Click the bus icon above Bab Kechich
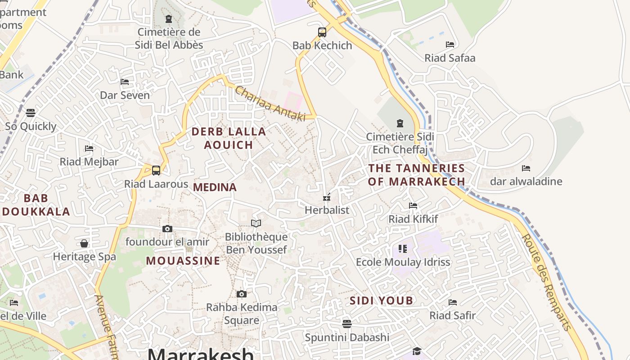[322, 32]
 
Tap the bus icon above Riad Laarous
[156, 171]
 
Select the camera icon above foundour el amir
[167, 229]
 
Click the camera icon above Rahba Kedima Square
[242, 294]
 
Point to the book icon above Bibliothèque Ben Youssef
[256, 223]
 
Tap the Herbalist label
[327, 210]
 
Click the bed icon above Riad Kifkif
[413, 206]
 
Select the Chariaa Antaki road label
[270, 103]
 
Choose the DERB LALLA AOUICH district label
[229, 138]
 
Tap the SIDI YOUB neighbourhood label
[381, 301]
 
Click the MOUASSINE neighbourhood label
[183, 261]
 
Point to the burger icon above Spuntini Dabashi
[346, 324]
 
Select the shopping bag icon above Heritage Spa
[84, 243]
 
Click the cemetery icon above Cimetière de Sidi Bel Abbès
[169, 19]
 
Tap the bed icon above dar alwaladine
[526, 168]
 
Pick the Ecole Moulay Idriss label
[403, 262]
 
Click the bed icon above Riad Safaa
[450, 45]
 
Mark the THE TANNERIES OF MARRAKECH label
[416, 175]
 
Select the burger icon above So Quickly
[31, 112]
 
